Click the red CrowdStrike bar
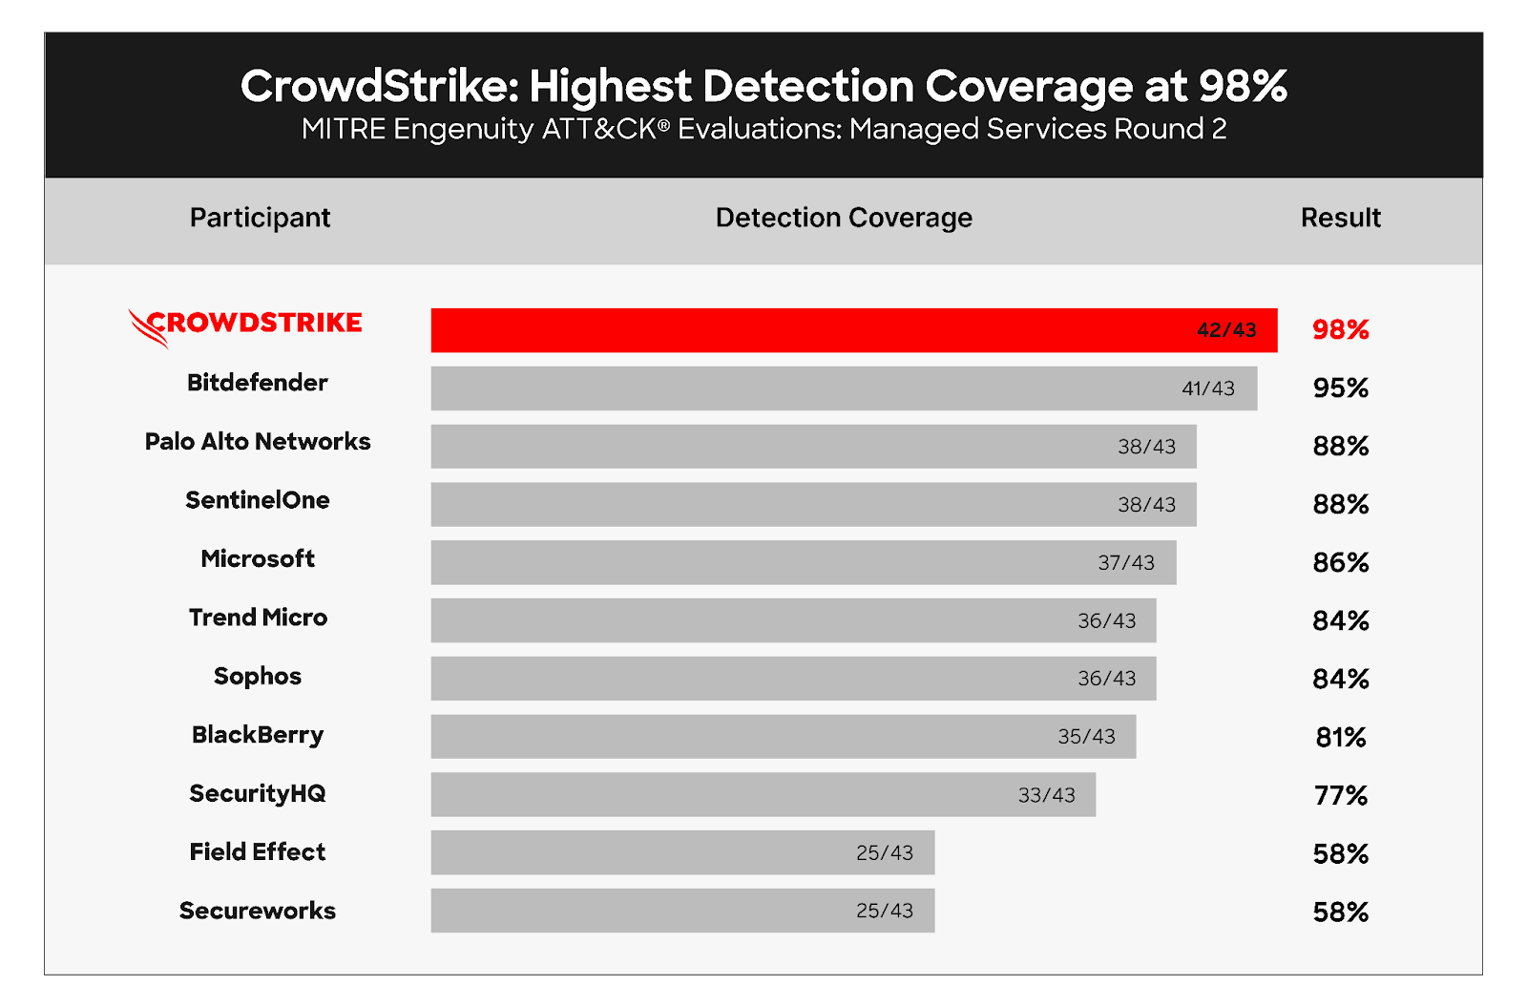point(854,330)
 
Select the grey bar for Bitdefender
point(844,388)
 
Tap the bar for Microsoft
point(803,562)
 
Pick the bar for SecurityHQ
point(763,794)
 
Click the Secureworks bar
point(682,911)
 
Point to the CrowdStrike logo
point(245,325)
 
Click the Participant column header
point(260,218)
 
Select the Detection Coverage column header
point(844,218)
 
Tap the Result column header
point(1340,218)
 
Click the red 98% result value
point(1340,330)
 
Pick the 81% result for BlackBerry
point(1340,737)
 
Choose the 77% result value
point(1340,795)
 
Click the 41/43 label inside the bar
point(1207,388)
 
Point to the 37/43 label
point(1126,563)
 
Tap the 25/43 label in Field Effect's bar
point(884,853)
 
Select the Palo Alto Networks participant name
point(258,442)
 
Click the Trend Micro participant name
point(258,618)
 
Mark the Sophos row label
point(258,676)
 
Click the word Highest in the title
point(610,87)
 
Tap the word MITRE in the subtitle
point(343,129)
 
